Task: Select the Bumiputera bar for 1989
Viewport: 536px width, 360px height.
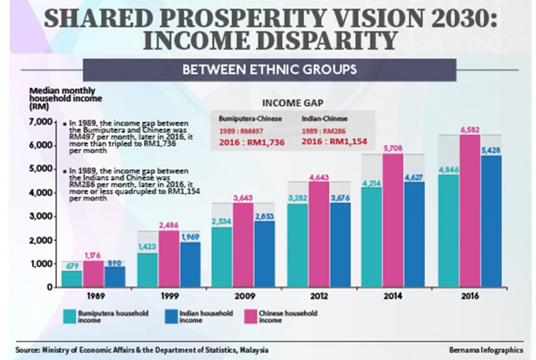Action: click(x=71, y=278)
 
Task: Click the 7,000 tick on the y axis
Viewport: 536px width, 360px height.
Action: click(x=40, y=122)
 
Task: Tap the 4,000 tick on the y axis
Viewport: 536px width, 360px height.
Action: click(x=40, y=193)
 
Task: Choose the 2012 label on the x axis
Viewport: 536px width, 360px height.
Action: click(x=319, y=296)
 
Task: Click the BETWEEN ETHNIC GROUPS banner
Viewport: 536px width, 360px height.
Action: click(x=270, y=70)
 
